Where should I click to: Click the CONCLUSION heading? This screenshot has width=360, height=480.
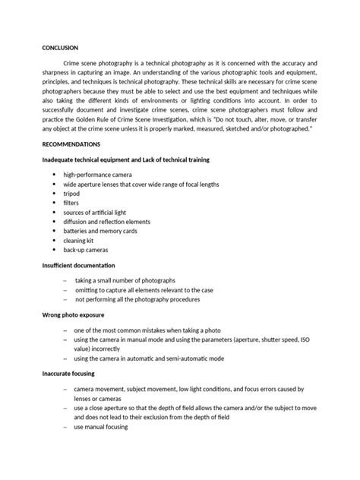point(60,47)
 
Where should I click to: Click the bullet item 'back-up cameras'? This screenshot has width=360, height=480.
point(86,248)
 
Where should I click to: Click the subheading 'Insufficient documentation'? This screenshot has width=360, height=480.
point(79,265)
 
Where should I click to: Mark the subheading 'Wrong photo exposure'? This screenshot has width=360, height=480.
point(73,314)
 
